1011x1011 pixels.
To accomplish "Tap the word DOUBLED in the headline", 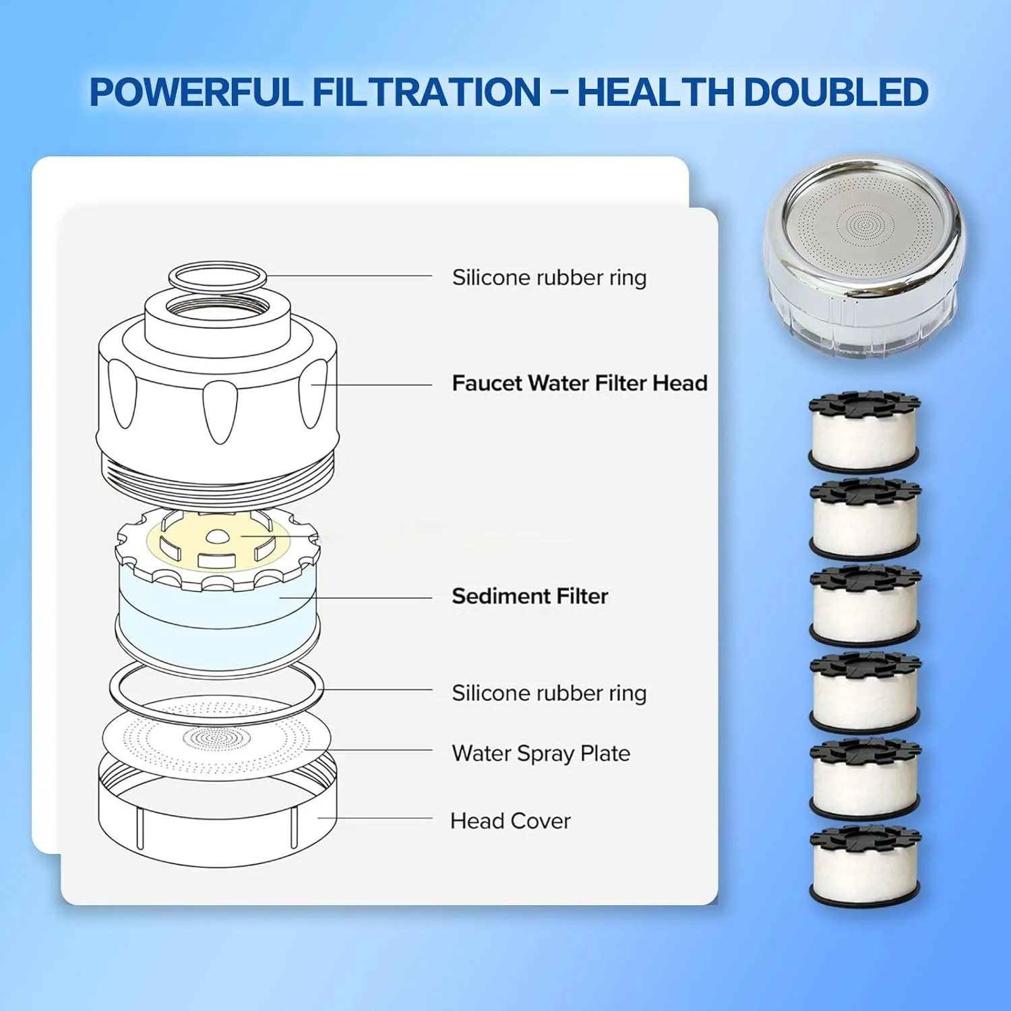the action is tap(836, 92).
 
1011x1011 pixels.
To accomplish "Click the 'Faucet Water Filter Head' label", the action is tap(580, 383).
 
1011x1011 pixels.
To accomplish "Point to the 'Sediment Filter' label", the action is tap(530, 596).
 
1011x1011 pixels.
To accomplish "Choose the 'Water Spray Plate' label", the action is tap(541, 753).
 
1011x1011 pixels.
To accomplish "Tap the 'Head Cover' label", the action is tap(510, 821).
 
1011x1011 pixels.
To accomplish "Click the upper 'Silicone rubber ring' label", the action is tap(549, 278).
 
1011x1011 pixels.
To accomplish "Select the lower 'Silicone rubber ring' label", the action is tap(549, 693).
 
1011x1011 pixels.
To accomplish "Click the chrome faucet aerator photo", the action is tap(865, 257).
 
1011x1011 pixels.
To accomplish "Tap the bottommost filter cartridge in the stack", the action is tap(865, 866).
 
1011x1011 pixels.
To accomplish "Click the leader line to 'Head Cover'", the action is tap(375, 818).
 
